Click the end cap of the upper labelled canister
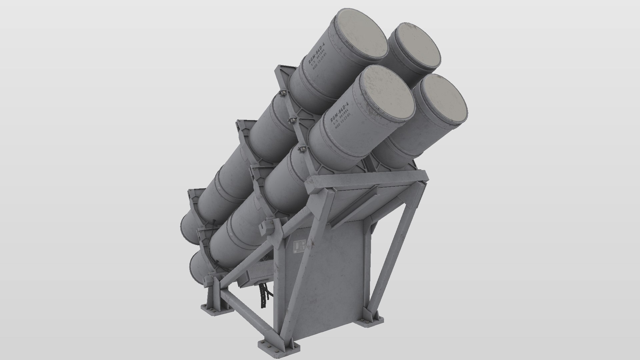[360, 37]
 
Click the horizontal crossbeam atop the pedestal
[367, 182]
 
